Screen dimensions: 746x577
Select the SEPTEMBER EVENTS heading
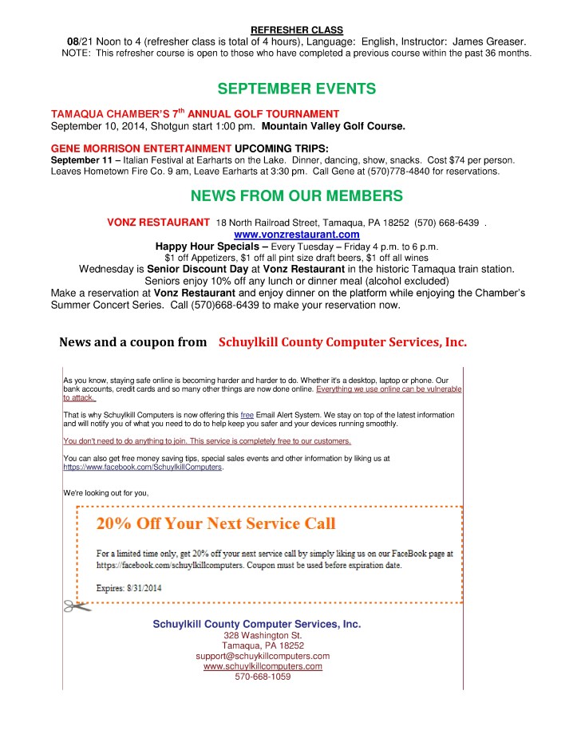(x=297, y=89)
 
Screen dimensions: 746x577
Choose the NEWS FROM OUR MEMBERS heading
(x=297, y=196)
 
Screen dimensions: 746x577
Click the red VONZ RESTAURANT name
(x=158, y=221)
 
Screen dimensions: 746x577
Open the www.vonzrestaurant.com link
(x=296, y=235)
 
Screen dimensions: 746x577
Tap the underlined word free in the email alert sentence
(x=247, y=416)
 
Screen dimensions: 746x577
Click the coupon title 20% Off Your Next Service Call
(x=216, y=524)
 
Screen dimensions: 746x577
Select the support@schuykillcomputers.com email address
(x=263, y=656)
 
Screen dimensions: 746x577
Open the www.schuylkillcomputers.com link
(x=263, y=666)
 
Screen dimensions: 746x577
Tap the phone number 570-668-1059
(x=263, y=677)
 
